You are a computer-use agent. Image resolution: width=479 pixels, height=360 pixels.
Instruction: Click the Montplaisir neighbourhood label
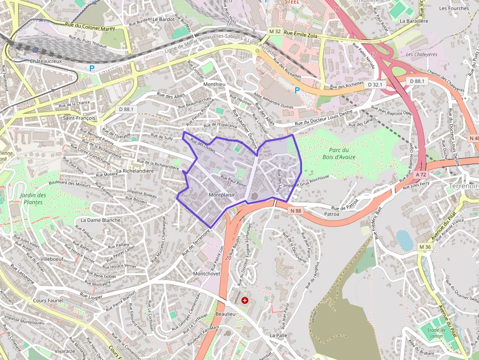click(221, 195)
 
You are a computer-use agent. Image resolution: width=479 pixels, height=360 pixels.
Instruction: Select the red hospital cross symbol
click(245, 300)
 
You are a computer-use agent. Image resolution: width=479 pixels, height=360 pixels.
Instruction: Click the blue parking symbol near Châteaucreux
click(91, 68)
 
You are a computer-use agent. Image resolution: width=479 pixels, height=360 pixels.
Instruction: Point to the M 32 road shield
click(275, 32)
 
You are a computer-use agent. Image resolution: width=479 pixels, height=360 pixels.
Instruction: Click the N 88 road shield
click(295, 211)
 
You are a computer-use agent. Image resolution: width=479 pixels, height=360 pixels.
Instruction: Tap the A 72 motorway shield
click(421, 174)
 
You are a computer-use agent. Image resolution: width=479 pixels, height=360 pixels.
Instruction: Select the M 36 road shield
click(425, 247)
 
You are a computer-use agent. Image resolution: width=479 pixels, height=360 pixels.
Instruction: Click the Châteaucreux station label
click(46, 62)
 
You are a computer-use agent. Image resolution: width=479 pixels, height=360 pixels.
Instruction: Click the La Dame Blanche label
click(100, 220)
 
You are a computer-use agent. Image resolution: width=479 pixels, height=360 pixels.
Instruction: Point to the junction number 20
click(228, 257)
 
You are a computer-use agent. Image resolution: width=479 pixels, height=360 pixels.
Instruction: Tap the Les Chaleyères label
click(421, 54)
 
